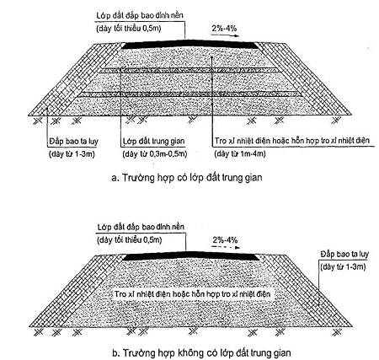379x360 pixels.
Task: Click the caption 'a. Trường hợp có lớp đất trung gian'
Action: (x=187, y=178)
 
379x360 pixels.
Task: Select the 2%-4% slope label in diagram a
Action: (x=224, y=29)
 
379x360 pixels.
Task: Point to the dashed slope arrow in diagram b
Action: (x=226, y=248)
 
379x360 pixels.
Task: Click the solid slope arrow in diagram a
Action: (x=225, y=35)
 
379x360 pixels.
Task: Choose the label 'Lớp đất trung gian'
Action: (x=154, y=141)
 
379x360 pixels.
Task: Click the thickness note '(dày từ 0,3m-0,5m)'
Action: (x=155, y=154)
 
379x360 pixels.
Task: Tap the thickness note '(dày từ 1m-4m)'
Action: (x=240, y=153)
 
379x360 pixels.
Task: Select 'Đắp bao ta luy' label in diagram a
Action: (x=74, y=141)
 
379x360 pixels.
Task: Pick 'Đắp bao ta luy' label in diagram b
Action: (x=344, y=255)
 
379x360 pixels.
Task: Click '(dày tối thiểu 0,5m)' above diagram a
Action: (x=129, y=29)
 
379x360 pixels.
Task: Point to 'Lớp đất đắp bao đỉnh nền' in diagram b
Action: (x=141, y=227)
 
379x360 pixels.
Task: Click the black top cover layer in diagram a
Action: (x=190, y=45)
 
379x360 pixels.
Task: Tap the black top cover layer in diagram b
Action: (x=191, y=256)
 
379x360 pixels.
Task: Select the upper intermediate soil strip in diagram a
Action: (x=189, y=71)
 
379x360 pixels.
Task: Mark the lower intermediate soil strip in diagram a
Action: (x=189, y=94)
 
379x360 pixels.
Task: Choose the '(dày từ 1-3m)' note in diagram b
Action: (x=343, y=266)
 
